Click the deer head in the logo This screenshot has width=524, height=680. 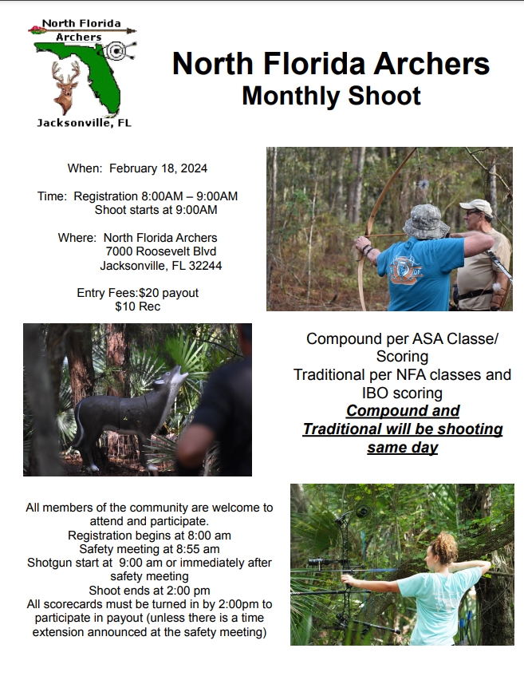[x=65, y=85]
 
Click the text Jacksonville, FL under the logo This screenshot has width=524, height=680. [x=84, y=123]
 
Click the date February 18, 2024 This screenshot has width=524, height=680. [x=158, y=168]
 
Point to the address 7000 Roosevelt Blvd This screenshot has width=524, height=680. [x=160, y=251]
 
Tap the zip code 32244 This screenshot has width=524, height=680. [x=203, y=266]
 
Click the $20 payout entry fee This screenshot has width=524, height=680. [x=168, y=293]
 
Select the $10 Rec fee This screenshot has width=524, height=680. [x=137, y=306]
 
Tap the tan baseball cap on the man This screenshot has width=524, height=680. [x=476, y=207]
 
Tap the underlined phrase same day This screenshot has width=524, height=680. [x=402, y=447]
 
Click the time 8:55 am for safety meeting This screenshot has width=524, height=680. [x=198, y=549]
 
